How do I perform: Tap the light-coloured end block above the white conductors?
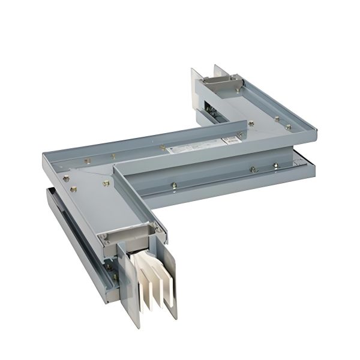(126, 235)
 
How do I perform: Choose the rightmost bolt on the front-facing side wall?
(275, 165)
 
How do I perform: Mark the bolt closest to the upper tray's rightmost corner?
(288, 127)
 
